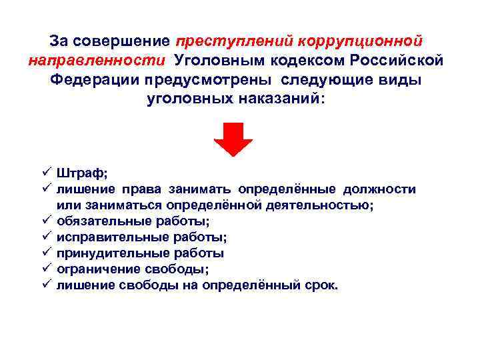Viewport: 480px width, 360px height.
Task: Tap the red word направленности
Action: [97, 61]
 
